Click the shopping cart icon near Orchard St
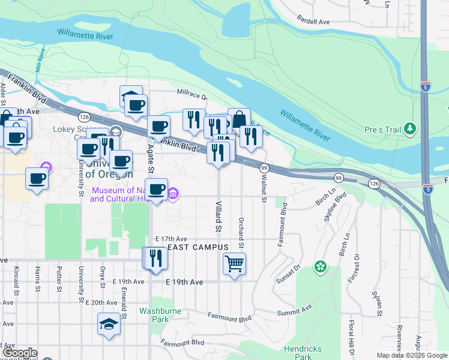[x=234, y=263]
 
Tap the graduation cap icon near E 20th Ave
[x=109, y=324]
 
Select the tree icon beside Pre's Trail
[x=410, y=128]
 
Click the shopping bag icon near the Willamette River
[x=239, y=119]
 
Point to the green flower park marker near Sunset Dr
[x=321, y=266]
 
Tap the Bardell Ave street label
[x=313, y=21]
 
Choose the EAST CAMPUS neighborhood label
[x=197, y=247]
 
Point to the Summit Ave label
[x=295, y=311]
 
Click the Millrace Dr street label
[x=191, y=95]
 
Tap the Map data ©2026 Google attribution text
[x=411, y=355]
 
